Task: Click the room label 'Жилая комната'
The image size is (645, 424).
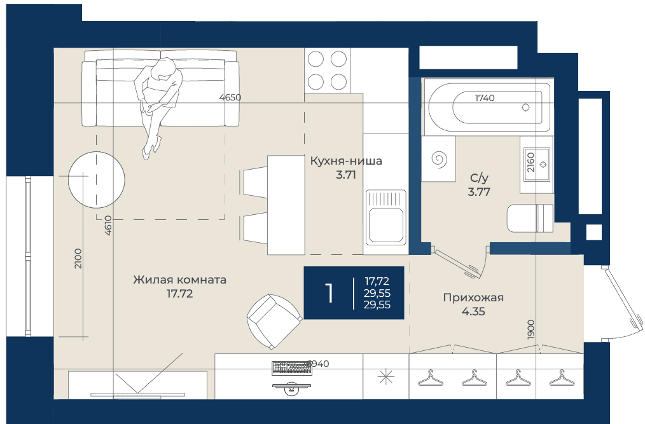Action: (x=179, y=280)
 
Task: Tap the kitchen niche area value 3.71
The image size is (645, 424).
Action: (x=345, y=175)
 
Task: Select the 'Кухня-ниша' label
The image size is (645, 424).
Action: (x=346, y=161)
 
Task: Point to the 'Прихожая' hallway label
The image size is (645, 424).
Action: (x=473, y=297)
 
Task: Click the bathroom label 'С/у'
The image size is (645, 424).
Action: (x=479, y=178)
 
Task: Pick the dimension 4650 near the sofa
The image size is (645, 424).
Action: (x=230, y=97)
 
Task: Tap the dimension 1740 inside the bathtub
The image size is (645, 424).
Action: (x=485, y=98)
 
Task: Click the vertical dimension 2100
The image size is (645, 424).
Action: (x=78, y=258)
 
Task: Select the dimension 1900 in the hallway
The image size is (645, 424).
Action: (x=531, y=329)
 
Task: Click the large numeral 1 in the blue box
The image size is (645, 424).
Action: (x=329, y=293)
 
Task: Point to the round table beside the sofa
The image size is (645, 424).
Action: (x=97, y=180)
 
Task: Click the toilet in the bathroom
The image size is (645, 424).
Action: (x=531, y=218)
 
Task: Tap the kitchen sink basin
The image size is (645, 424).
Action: (x=386, y=224)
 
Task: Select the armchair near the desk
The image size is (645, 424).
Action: (x=274, y=322)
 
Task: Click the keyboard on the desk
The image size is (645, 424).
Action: (x=291, y=368)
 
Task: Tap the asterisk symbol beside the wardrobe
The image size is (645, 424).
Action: (x=386, y=377)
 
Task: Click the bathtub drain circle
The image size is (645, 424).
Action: (x=525, y=107)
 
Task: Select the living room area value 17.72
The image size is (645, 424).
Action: (x=179, y=294)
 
